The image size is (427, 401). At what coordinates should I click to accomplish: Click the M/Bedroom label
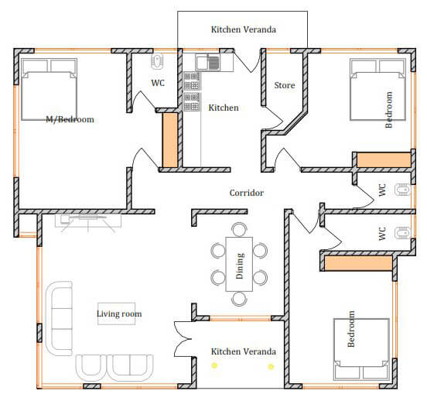[70, 119]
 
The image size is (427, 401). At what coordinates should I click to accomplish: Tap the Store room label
[285, 85]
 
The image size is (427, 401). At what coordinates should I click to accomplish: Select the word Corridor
[247, 193]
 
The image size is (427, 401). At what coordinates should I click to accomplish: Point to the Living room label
[119, 314]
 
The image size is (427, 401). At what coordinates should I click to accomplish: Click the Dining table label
[239, 266]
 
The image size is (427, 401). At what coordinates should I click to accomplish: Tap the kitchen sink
[207, 63]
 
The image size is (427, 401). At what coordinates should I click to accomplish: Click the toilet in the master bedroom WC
[157, 62]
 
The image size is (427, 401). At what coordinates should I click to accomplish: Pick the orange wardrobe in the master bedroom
[170, 140]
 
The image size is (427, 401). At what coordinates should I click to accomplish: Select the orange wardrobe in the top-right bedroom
[384, 159]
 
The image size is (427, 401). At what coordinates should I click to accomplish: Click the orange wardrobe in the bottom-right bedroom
[358, 263]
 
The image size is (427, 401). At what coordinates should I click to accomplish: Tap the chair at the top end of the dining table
[239, 230]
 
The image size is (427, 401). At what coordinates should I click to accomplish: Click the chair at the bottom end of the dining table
[239, 299]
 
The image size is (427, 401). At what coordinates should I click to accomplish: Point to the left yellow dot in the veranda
[214, 365]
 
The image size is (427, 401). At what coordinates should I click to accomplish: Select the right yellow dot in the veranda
[271, 367]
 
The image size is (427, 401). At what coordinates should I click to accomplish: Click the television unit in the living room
[88, 221]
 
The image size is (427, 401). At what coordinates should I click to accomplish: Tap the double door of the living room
[183, 339]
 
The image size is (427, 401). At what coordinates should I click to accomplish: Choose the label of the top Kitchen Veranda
[244, 29]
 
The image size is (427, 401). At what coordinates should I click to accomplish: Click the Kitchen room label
[224, 108]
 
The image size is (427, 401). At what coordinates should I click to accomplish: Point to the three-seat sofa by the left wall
[60, 318]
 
